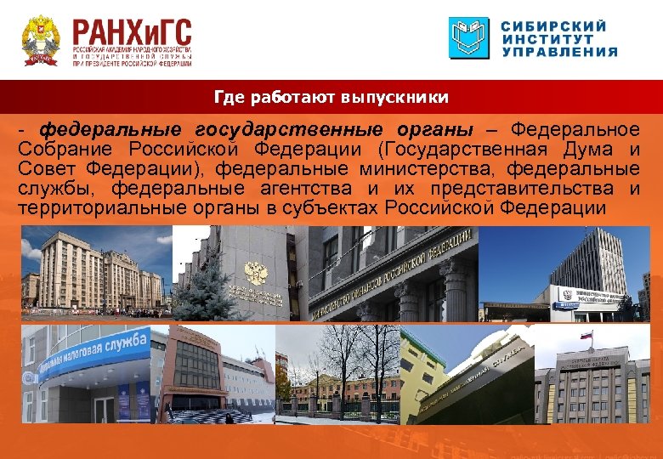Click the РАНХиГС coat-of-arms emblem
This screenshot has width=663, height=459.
click(40, 41)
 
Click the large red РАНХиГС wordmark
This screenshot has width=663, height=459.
click(132, 33)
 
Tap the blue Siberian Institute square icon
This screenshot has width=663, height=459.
click(469, 38)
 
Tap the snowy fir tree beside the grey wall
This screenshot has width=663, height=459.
click(197, 285)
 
